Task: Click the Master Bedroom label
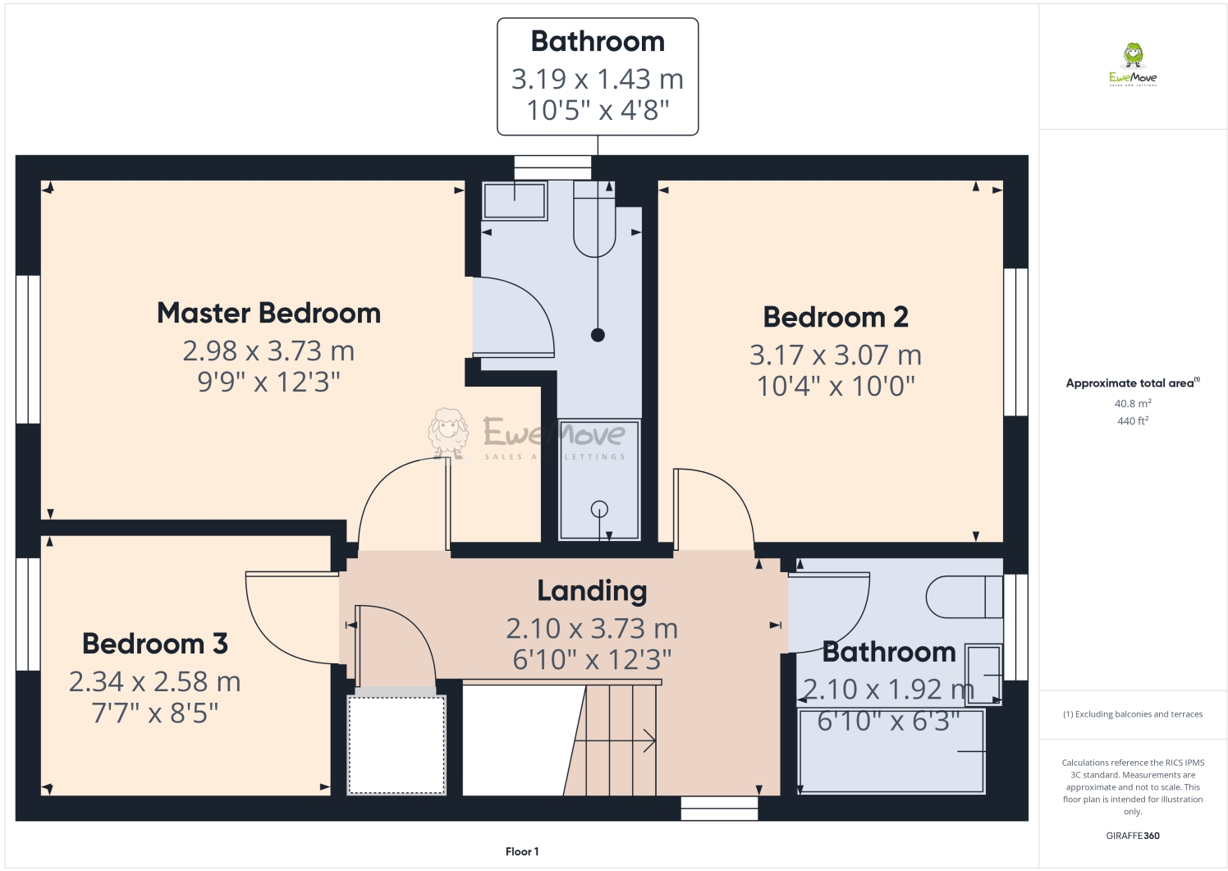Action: [268, 314]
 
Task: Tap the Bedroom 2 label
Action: [836, 318]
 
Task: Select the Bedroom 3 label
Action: [155, 644]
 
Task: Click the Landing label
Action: [592, 591]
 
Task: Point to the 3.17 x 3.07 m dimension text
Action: [836, 355]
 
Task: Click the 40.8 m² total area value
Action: [1132, 404]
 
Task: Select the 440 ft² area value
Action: [1132, 421]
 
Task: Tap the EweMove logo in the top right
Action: [1133, 65]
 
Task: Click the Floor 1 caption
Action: [522, 852]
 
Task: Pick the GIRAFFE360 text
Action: [1133, 836]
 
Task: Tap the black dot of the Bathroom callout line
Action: [598, 335]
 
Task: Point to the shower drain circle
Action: [599, 509]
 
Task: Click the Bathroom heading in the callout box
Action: [598, 42]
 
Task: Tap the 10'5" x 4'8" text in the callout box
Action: [598, 110]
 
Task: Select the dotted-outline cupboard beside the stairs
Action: [397, 745]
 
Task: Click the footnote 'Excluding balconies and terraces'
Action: [1133, 714]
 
